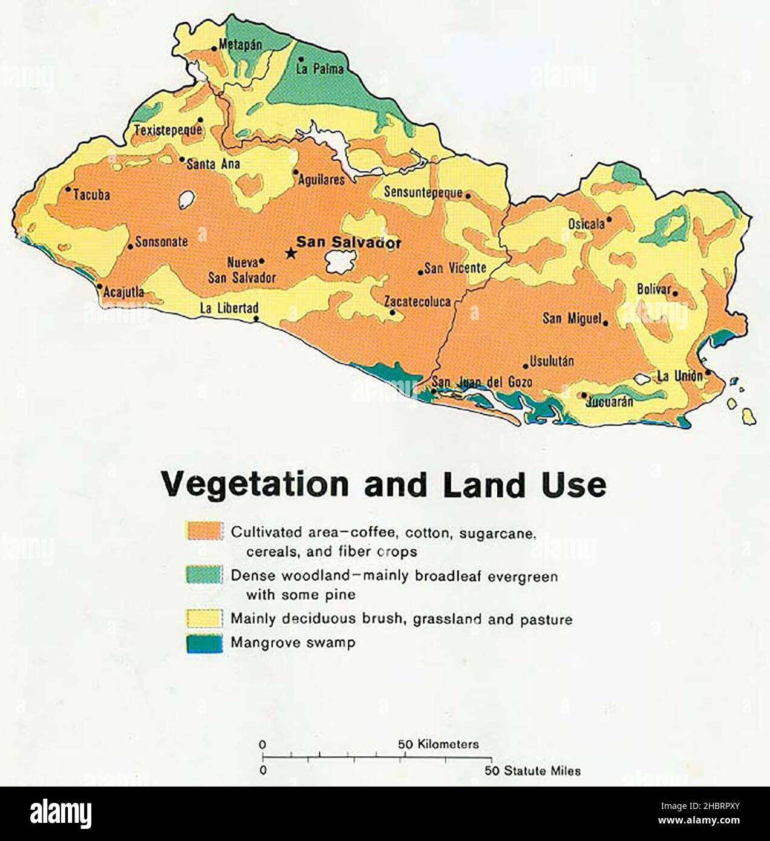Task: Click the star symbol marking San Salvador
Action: click(x=291, y=254)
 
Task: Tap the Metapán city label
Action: click(x=240, y=45)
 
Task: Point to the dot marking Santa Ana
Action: click(x=182, y=160)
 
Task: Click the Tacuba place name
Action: click(x=92, y=195)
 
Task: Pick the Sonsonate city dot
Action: click(x=130, y=246)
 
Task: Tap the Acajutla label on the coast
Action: click(x=123, y=293)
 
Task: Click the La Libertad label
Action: click(x=229, y=309)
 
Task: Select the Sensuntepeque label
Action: click(x=423, y=193)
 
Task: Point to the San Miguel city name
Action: click(x=572, y=318)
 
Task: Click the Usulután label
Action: click(x=552, y=362)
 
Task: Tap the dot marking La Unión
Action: click(x=707, y=373)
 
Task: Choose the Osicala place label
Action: click(x=586, y=224)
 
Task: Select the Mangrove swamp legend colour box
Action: click(x=204, y=643)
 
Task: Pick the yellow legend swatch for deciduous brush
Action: click(x=204, y=618)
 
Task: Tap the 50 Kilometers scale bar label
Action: click(x=438, y=744)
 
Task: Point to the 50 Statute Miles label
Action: click(x=532, y=771)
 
